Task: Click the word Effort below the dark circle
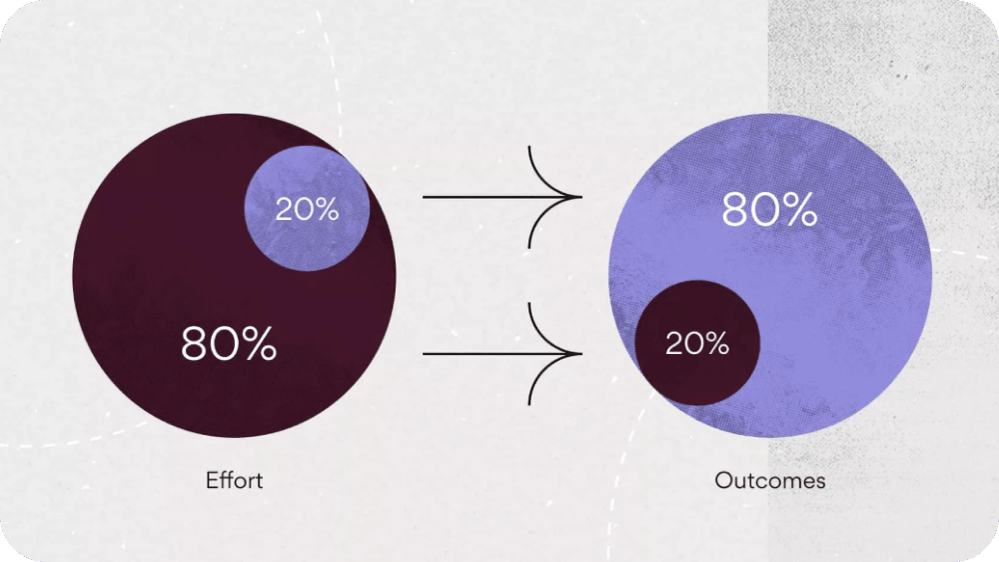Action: pyautogui.click(x=234, y=480)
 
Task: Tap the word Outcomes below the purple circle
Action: pyautogui.click(x=769, y=480)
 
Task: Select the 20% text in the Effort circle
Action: pyautogui.click(x=307, y=209)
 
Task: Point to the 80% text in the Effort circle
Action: pyautogui.click(x=229, y=344)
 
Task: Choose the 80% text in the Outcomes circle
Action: pyautogui.click(x=769, y=209)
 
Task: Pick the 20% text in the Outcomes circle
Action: pyautogui.click(x=697, y=343)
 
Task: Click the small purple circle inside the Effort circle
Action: pyautogui.click(x=307, y=209)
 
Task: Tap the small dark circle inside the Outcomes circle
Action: pyautogui.click(x=697, y=343)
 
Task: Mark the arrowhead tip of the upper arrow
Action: pyautogui.click(x=581, y=197)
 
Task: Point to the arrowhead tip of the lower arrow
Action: pyautogui.click(x=581, y=353)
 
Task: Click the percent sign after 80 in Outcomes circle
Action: pyautogui.click(x=800, y=209)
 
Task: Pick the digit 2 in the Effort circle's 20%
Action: pyautogui.click(x=284, y=209)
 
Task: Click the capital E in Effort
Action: pyautogui.click(x=212, y=480)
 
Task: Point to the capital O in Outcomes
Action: pyautogui.click(x=723, y=480)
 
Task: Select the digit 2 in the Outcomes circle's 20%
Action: pyautogui.click(x=674, y=343)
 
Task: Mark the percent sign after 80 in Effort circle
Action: pyautogui.click(x=260, y=344)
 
